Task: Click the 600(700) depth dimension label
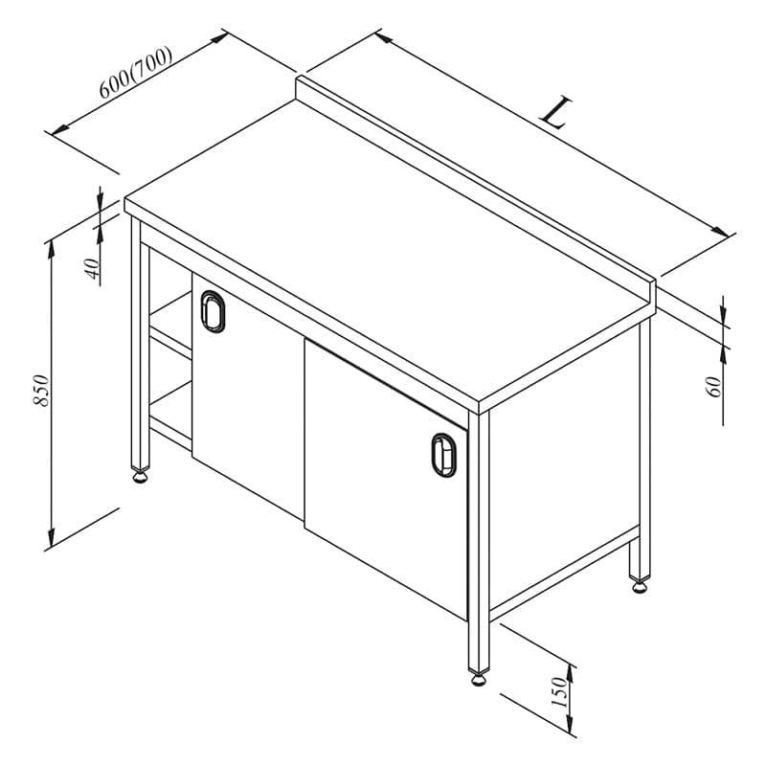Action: (136, 73)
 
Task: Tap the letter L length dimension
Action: (555, 113)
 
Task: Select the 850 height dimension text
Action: (41, 391)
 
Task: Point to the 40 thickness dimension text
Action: (92, 268)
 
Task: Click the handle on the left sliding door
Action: (213, 311)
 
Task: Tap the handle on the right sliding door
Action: (443, 455)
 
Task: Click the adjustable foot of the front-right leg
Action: (478, 679)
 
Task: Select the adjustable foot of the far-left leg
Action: (140, 476)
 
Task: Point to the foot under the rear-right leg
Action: (640, 586)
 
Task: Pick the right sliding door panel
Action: (386, 479)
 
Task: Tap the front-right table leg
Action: (479, 542)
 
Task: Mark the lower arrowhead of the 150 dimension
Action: (569, 723)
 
